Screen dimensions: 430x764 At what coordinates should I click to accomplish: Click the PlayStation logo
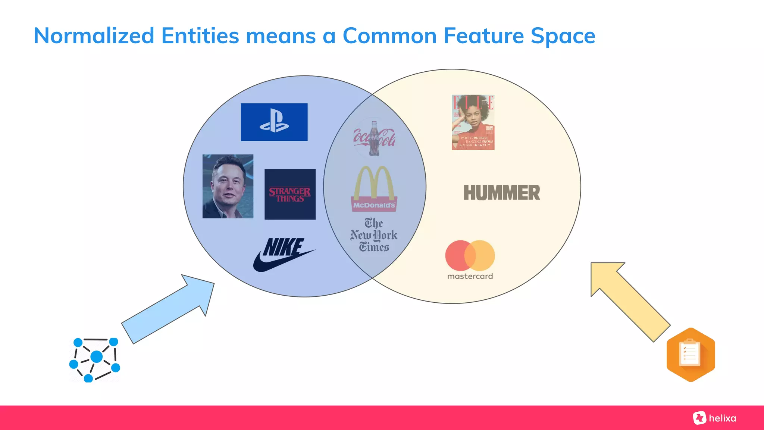click(274, 122)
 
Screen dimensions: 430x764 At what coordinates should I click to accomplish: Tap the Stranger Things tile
click(290, 194)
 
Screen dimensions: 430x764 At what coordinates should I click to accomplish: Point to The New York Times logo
click(374, 235)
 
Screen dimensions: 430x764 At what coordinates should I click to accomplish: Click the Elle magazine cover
click(473, 122)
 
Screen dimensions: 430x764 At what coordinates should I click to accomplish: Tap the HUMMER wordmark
click(502, 193)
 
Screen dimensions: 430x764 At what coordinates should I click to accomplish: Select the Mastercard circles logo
click(470, 256)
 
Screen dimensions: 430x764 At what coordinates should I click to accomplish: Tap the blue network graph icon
click(95, 359)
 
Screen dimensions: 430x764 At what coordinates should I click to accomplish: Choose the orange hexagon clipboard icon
click(691, 355)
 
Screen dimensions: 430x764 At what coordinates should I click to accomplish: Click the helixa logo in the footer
click(715, 418)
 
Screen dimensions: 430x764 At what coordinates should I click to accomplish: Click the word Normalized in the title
click(94, 36)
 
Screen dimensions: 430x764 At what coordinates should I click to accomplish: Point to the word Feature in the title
click(484, 36)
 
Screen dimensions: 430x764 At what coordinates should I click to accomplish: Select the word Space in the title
click(563, 36)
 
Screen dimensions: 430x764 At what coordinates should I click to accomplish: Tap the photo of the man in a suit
click(228, 186)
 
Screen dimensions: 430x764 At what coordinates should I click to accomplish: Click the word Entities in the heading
click(200, 36)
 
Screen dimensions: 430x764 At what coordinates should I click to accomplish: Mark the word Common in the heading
click(389, 36)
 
